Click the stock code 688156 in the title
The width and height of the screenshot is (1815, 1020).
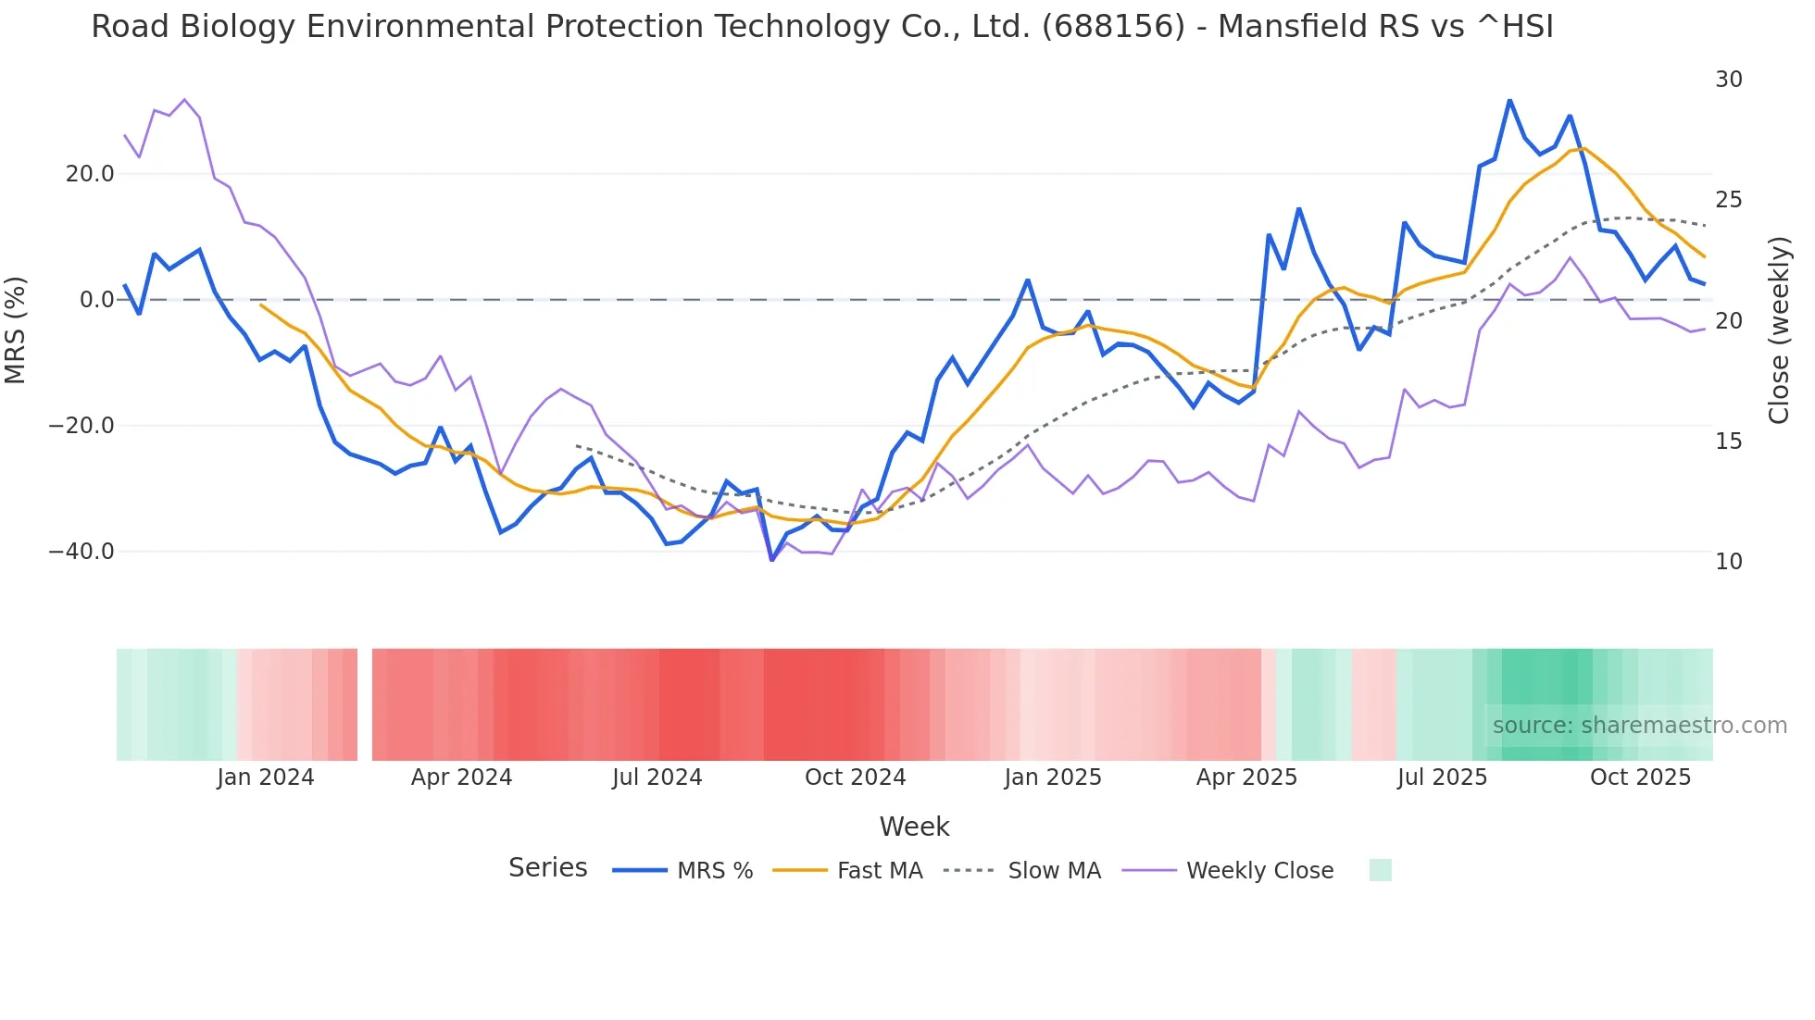(x=1113, y=27)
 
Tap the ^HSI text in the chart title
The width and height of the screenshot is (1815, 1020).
(x=1515, y=27)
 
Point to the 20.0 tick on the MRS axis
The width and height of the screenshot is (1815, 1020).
(x=90, y=174)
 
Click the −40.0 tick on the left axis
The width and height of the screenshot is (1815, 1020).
(x=81, y=552)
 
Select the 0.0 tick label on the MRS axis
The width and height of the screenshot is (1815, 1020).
(x=97, y=300)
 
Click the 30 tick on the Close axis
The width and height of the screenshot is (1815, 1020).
(x=1729, y=80)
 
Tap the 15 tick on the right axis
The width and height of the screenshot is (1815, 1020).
(x=1729, y=442)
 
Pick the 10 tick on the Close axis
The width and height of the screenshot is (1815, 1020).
(x=1729, y=562)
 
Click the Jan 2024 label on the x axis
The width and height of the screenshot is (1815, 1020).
(x=266, y=777)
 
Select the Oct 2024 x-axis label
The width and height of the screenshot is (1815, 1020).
(x=855, y=777)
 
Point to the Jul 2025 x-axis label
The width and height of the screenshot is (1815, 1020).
(x=1442, y=777)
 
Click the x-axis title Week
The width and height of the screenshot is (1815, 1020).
(x=914, y=827)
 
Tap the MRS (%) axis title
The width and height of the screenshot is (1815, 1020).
(x=16, y=330)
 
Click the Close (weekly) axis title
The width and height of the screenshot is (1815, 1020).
(x=1779, y=330)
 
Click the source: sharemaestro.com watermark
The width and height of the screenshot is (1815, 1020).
(x=1639, y=726)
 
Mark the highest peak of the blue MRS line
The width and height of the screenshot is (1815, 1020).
(x=1509, y=100)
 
